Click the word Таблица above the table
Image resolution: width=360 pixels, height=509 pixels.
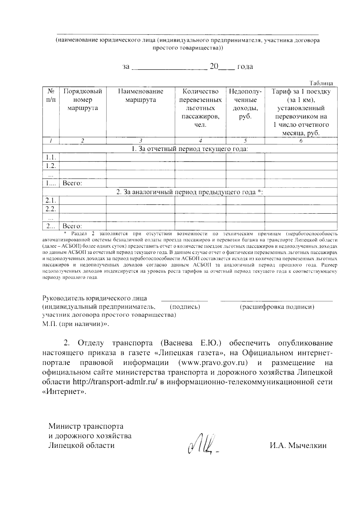point(321,83)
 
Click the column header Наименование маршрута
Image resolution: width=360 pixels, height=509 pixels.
point(140,95)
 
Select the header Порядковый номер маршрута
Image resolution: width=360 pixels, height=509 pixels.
point(83,100)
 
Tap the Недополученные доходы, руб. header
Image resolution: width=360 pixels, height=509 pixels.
point(245,103)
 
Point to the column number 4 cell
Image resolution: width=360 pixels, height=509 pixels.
point(200,141)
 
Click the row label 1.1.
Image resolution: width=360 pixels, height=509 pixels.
point(51,157)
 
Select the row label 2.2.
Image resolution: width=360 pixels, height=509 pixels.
point(51,208)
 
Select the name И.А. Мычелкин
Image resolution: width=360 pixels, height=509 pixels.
point(298,445)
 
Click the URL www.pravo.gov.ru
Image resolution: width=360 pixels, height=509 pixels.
point(213,363)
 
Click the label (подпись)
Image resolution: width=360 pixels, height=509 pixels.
point(185,307)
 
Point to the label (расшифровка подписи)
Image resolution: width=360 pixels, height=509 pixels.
point(277,307)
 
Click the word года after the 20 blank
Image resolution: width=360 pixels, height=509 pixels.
point(245,66)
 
